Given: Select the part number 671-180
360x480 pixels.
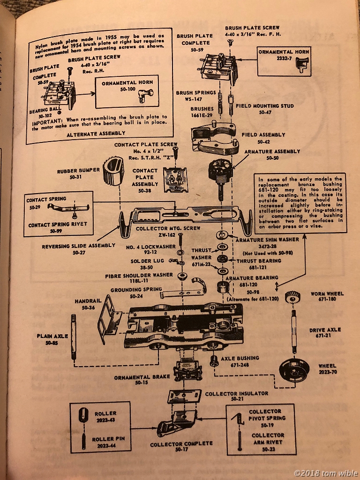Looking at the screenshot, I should coord(327,300).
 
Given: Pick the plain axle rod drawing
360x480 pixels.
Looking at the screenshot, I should coord(74,330).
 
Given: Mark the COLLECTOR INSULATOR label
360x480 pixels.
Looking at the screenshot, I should coord(236,394).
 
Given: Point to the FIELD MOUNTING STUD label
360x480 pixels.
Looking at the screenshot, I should coord(265,106).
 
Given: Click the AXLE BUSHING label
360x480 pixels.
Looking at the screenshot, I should coord(240,358).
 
